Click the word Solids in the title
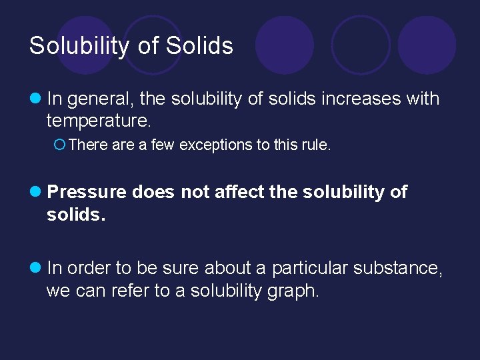(x=199, y=46)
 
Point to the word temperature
(x=99, y=121)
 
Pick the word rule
(x=316, y=145)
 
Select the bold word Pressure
(x=87, y=193)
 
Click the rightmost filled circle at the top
(x=427, y=45)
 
